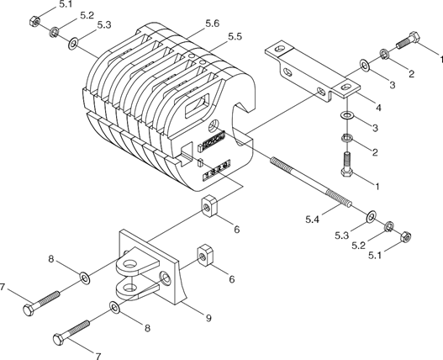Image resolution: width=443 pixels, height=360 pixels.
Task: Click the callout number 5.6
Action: click(x=212, y=24)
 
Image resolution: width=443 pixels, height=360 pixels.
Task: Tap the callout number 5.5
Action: click(x=235, y=37)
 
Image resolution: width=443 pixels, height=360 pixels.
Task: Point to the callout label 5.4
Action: click(x=312, y=220)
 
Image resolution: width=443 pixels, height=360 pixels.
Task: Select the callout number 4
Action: click(x=378, y=108)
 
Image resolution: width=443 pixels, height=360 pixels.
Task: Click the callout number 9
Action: click(x=208, y=319)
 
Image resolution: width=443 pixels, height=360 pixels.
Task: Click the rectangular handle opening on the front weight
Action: click(x=198, y=106)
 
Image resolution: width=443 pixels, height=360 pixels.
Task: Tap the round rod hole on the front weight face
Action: click(x=214, y=125)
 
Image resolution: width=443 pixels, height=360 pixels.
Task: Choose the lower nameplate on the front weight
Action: click(x=216, y=170)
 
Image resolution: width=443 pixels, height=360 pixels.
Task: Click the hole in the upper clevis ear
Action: click(x=130, y=265)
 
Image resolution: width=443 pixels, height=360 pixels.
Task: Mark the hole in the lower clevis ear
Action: click(x=129, y=288)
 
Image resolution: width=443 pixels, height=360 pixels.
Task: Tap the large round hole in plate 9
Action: click(x=166, y=278)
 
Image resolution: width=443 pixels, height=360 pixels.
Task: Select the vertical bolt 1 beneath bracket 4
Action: click(x=346, y=165)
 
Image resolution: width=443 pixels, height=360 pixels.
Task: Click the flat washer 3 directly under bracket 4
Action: click(x=346, y=115)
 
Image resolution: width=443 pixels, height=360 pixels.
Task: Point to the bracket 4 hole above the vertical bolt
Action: click(x=345, y=87)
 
